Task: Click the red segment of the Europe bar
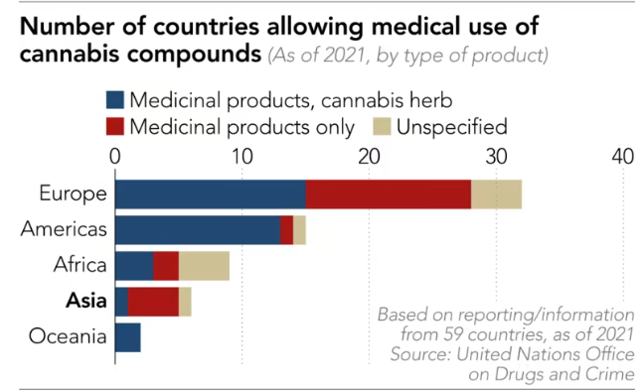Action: [x=389, y=195]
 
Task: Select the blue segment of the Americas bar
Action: [x=198, y=230]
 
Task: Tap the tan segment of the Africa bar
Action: [x=204, y=266]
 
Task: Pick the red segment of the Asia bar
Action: [x=153, y=302]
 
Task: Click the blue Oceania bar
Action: [x=128, y=337]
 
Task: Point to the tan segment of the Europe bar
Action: [x=496, y=195]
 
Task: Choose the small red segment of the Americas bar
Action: [x=286, y=230]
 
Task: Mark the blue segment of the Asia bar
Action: [x=121, y=302]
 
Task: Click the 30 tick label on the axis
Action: [x=496, y=157]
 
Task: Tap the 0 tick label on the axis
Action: [x=115, y=157]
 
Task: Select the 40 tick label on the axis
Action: [x=623, y=157]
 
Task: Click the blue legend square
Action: [x=115, y=100]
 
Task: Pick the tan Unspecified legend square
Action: [x=382, y=127]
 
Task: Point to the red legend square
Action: [x=115, y=127]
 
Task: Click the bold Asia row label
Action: [x=86, y=301]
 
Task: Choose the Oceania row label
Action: [x=68, y=336]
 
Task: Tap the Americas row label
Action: [x=64, y=229]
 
